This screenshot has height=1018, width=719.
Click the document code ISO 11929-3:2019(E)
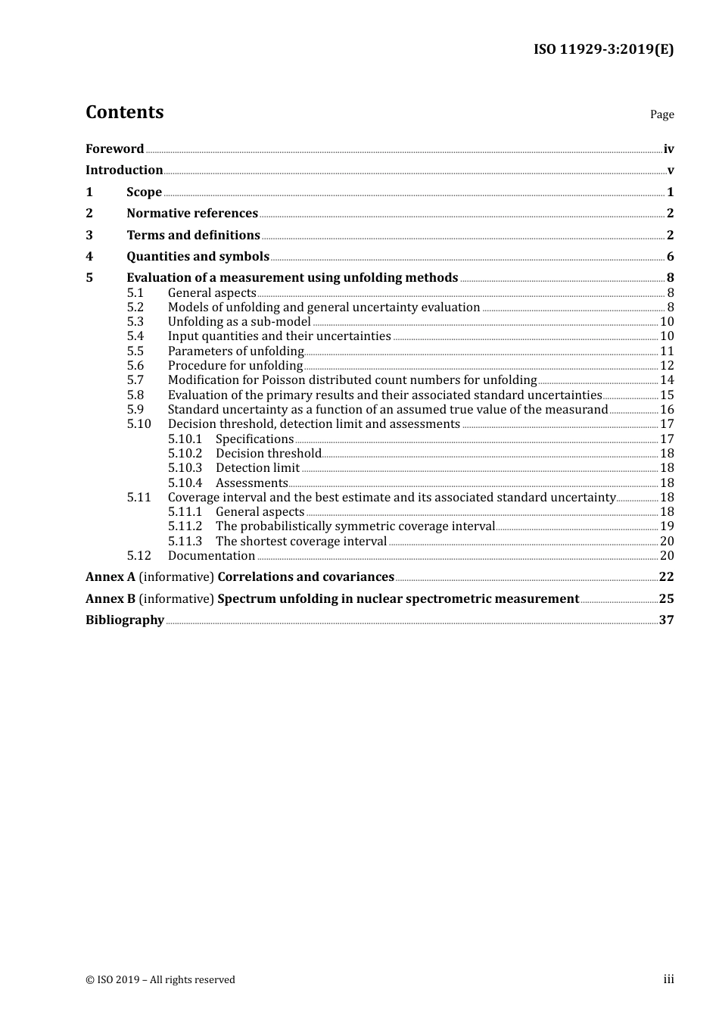603,50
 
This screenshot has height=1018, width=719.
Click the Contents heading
124,112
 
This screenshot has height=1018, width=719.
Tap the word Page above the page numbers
661,114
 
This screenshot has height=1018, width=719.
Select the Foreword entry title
114,149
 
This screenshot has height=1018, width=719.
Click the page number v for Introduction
670,170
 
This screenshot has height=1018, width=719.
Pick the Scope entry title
144,192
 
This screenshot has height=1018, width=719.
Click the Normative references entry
192,214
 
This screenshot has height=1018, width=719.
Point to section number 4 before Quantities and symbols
89,257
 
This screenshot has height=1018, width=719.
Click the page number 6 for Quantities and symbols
670,257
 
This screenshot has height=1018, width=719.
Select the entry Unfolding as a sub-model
239,322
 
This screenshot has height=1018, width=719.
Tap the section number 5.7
135,380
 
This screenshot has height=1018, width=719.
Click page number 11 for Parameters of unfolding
667,351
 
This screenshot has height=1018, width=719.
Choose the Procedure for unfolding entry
235,366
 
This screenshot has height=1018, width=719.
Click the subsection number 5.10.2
185,454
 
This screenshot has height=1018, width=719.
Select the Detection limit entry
257,468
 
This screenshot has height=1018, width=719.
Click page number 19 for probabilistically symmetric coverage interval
667,526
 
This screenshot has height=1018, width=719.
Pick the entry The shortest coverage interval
301,542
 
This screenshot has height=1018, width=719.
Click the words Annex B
110,599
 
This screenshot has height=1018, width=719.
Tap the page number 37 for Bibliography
666,620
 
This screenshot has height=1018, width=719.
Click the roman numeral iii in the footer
668,979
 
